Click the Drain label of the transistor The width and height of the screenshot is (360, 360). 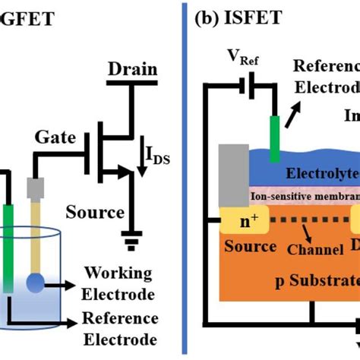[x=132, y=70]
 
